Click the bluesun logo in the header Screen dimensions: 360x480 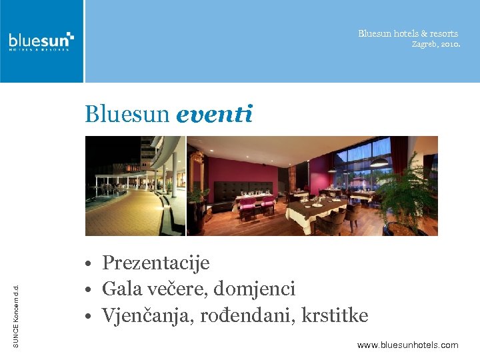[41, 41]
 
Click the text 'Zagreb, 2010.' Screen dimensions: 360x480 [435, 45]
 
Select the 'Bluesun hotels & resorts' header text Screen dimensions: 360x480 [408, 33]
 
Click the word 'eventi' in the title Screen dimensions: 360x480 [214, 115]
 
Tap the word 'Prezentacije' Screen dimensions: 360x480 [155, 263]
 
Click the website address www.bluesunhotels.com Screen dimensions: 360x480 [407, 345]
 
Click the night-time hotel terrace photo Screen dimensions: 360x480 [134, 185]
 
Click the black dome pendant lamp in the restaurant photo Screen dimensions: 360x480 [379, 163]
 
